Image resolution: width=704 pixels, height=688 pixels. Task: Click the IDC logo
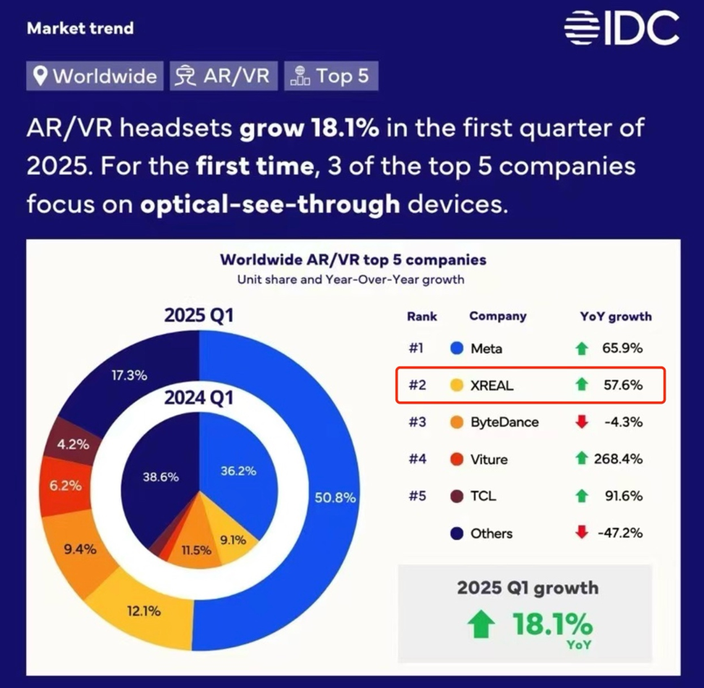pos(622,29)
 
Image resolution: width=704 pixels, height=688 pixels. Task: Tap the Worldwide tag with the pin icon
pos(95,75)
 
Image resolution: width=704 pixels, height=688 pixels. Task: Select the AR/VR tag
pos(224,75)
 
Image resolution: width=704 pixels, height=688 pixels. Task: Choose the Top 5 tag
pos(331,75)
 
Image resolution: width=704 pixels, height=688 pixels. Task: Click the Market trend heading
pos(80,29)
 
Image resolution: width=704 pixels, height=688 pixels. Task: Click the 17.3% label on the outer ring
pos(129,375)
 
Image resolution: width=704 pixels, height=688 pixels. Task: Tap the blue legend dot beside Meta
pos(456,348)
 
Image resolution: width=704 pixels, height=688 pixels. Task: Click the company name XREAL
pos(491,385)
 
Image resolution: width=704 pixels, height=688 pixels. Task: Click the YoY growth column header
pos(616,316)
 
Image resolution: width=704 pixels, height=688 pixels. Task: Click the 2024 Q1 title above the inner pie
pos(198,397)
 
